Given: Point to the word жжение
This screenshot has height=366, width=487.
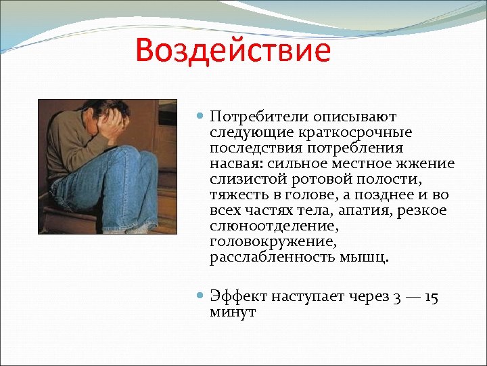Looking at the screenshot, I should coord(427,163).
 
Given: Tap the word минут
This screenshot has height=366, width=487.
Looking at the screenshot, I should coord(232,312).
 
